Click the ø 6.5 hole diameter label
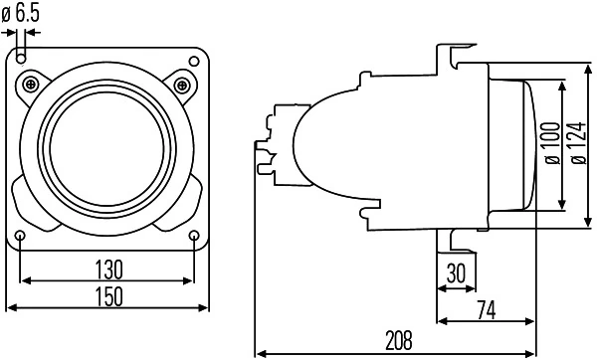click(x=21, y=13)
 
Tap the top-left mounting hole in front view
click(x=21, y=58)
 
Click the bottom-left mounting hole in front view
click(x=21, y=235)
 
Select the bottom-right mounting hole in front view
click(x=194, y=235)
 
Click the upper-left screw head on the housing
click(x=36, y=82)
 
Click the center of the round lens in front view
click(x=107, y=145)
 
